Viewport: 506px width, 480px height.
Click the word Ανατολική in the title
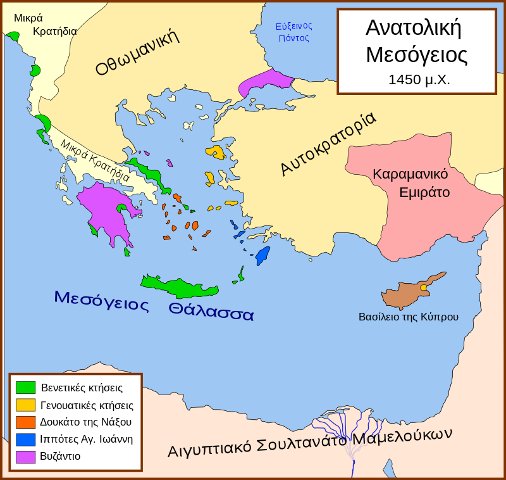tap(413, 28)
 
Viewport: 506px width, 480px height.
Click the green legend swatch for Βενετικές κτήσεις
tap(25, 388)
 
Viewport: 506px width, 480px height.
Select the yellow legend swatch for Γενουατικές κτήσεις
tap(25, 405)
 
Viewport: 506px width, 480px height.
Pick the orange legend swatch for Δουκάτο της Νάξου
tap(25, 422)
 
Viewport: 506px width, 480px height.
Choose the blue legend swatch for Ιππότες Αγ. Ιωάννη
tap(25, 439)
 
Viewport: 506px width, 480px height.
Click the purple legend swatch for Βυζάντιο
tap(25, 456)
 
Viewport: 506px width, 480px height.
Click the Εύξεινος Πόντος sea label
tap(293, 32)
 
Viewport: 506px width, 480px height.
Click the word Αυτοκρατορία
tap(328, 144)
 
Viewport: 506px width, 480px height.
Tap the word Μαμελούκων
tap(404, 436)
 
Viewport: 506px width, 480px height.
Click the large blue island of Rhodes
tap(262, 255)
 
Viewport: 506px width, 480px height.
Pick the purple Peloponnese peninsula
tap(105, 209)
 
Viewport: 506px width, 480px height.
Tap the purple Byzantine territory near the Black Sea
tap(266, 82)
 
